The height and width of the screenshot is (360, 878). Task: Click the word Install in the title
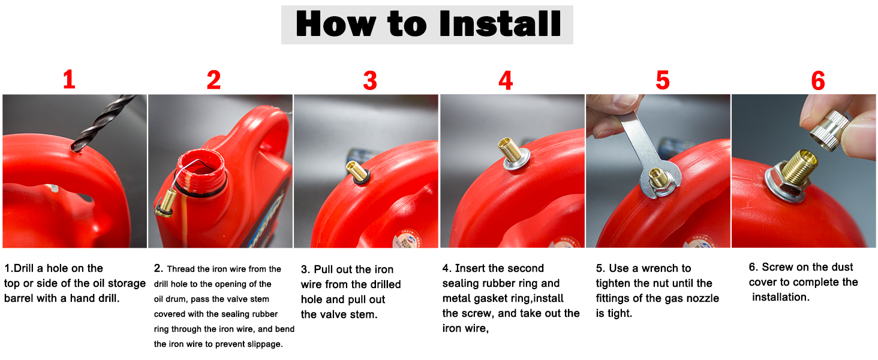coord(501,23)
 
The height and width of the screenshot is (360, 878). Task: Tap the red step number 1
coord(69,79)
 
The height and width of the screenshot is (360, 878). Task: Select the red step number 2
coord(214,80)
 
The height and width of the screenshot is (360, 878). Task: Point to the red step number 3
coord(370,81)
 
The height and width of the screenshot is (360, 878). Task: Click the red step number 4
coord(506,81)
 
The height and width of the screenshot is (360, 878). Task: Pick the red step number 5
coord(663,80)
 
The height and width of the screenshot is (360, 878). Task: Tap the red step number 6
coord(818,81)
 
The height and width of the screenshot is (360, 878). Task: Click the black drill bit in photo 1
coord(103,122)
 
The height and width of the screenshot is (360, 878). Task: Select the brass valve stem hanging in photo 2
coord(166,203)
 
